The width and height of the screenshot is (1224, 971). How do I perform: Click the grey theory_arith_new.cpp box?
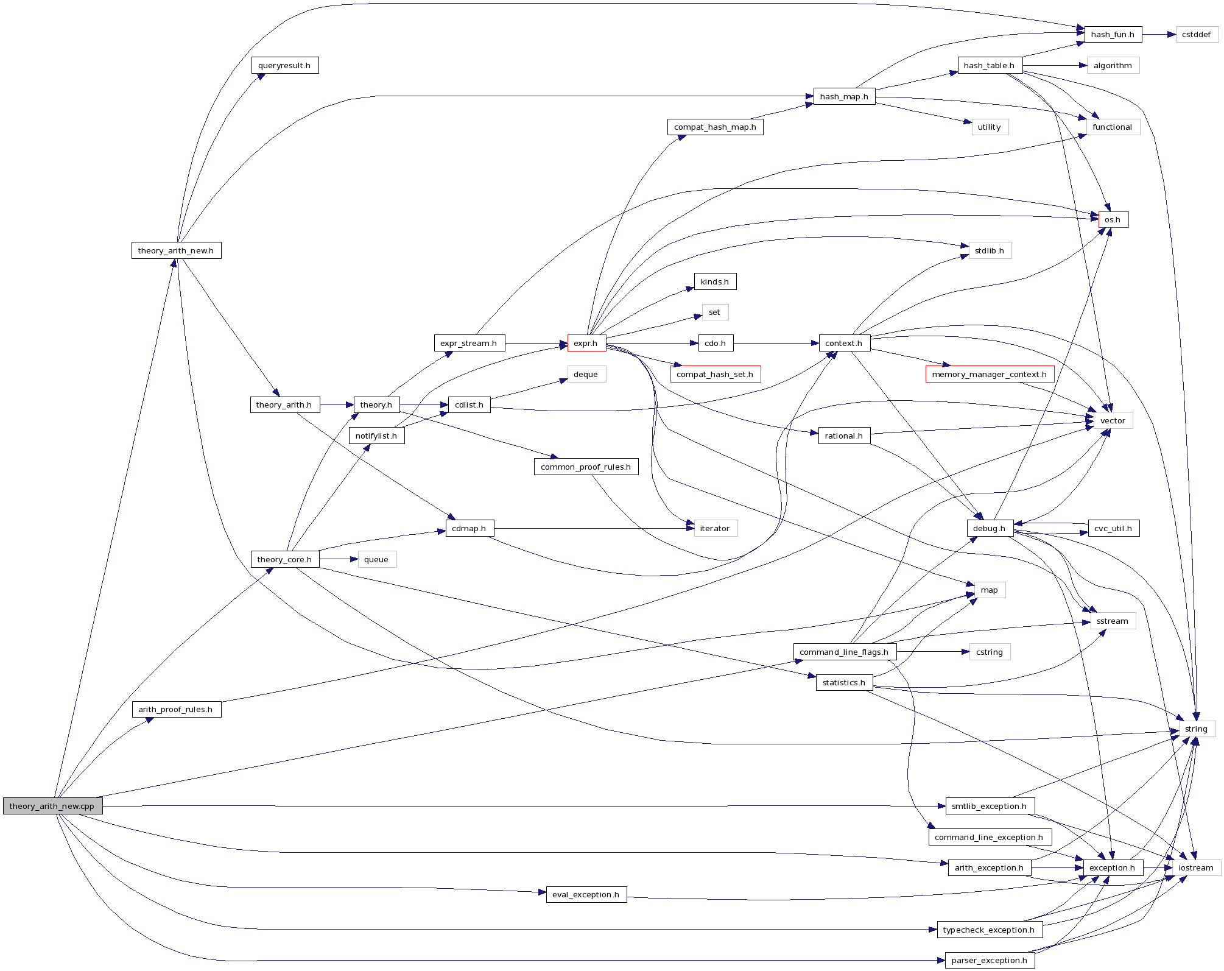(52, 806)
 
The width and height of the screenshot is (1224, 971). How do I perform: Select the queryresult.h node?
(284, 66)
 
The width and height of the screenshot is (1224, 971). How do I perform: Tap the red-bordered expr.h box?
(586, 344)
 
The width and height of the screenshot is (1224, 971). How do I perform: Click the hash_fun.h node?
(1113, 35)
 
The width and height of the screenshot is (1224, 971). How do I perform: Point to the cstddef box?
(1196, 35)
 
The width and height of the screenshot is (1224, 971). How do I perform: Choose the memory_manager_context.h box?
(989, 375)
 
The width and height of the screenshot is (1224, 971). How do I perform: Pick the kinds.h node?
(714, 282)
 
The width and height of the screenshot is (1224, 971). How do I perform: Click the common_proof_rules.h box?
(586, 467)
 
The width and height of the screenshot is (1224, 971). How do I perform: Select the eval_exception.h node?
(586, 895)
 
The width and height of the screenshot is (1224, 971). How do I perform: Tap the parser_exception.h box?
(989, 961)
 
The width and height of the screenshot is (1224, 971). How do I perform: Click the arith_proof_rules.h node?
(176, 710)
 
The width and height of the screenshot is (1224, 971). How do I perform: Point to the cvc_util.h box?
(1113, 529)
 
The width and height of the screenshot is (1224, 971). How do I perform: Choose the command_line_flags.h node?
(844, 652)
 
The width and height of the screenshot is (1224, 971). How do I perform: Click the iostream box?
(1196, 868)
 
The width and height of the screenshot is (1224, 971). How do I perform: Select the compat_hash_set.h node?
(714, 375)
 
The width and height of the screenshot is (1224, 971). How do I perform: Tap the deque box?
(586, 375)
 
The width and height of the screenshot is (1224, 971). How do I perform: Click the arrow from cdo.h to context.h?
(776, 344)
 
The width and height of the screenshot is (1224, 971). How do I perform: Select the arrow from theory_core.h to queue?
(339, 559)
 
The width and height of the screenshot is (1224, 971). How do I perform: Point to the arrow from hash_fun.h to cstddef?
(1158, 35)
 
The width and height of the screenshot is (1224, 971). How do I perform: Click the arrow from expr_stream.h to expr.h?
(536, 344)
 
